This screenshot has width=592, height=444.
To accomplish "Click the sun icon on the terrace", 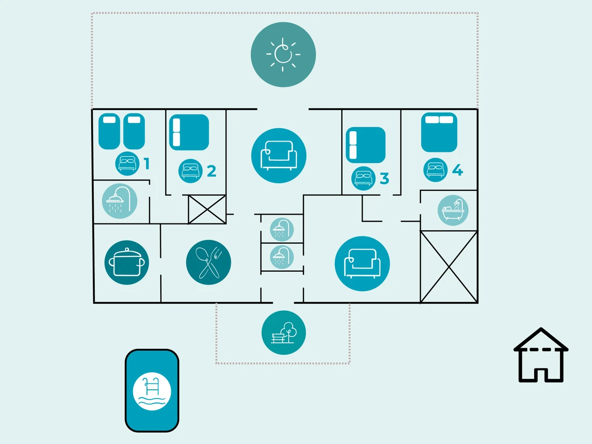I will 283,54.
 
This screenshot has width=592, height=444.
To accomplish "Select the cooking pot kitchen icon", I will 127,262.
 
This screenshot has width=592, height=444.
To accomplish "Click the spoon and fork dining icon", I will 209,262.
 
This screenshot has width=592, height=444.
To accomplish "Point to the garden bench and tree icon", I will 284,333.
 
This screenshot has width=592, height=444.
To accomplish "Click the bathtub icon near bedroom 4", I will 453,210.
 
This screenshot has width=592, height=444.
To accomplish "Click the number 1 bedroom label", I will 147,163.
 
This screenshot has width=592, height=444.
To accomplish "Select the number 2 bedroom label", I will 212,171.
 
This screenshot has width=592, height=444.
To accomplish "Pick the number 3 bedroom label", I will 384,178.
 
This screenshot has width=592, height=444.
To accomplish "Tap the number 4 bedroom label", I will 457,170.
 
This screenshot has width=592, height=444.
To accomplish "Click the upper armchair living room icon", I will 279,155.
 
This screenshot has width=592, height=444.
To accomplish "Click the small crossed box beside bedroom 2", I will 207,209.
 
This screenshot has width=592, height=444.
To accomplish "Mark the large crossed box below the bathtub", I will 448,266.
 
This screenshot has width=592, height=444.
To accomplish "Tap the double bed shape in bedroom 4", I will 439,132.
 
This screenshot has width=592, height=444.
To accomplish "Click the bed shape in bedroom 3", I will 366,145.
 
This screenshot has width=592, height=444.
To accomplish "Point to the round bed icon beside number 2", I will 190,171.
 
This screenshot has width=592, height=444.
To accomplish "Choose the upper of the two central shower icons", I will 282,229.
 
